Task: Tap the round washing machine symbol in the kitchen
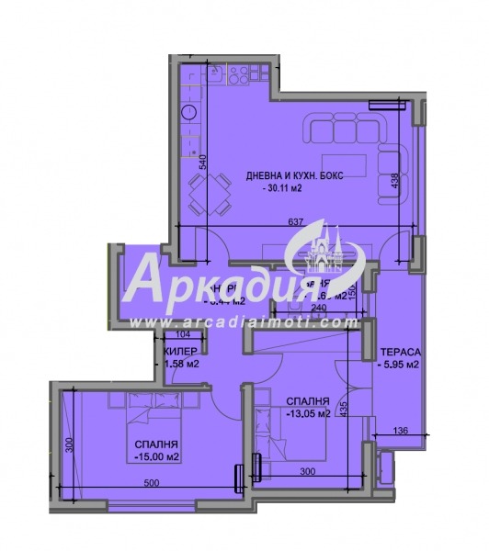point(189,113)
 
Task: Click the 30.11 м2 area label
point(285,188)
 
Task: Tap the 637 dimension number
point(295,221)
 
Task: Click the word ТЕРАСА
point(402,353)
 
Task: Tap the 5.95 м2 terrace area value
point(400,365)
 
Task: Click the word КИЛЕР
point(180,353)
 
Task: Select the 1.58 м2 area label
point(180,365)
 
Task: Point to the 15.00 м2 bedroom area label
point(154,454)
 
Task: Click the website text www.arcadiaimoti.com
point(244,322)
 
